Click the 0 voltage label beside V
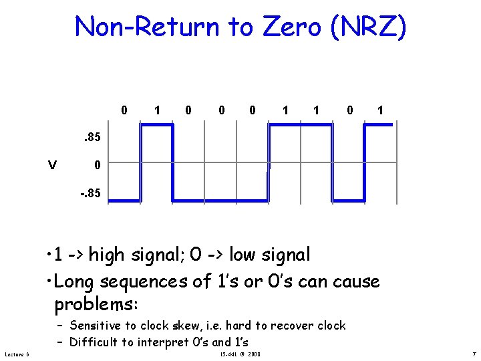point(98,166)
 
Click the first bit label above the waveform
point(124,110)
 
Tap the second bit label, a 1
point(156,110)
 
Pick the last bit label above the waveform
point(380,110)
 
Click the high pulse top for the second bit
point(156,124)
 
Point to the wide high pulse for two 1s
point(300,124)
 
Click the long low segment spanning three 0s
point(220,200)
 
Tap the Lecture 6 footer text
point(16,354)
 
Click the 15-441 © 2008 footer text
point(240,354)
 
